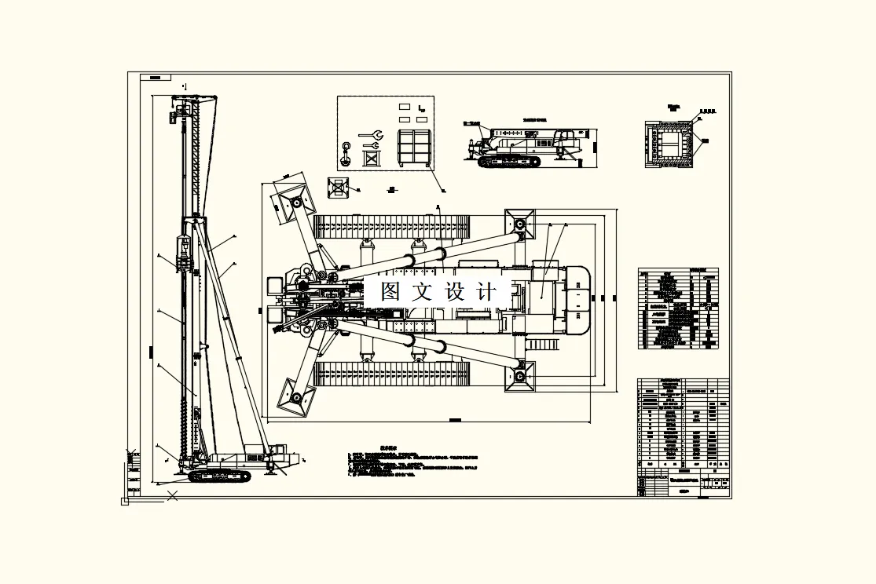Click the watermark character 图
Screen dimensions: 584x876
pyautogui.click(x=391, y=292)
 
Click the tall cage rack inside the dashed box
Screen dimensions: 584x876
pyautogui.click(x=414, y=148)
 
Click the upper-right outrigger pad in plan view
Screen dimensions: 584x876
pyautogui.click(x=519, y=224)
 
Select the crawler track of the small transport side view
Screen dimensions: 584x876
pyautogui.click(x=510, y=162)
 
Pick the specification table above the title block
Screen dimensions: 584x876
pyautogui.click(x=678, y=308)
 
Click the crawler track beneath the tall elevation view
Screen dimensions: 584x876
pyautogui.click(x=219, y=476)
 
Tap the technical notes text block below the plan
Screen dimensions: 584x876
pyautogui.click(x=412, y=463)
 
